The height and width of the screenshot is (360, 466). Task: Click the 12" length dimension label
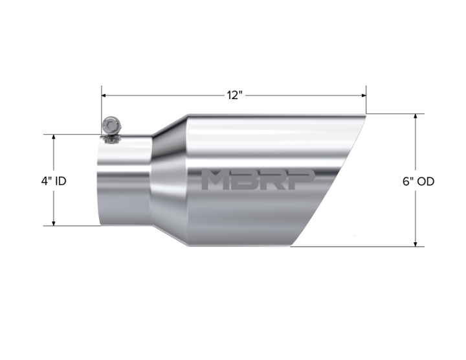tap(235, 95)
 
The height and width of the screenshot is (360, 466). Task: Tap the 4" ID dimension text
tap(54, 181)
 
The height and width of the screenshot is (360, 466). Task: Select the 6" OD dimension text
tap(419, 181)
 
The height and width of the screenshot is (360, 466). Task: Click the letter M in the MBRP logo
tap(214, 179)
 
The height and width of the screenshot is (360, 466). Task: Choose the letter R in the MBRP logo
tap(272, 179)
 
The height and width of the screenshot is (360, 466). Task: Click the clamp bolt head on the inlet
tap(111, 126)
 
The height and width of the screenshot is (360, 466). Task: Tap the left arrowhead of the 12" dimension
tap(104, 95)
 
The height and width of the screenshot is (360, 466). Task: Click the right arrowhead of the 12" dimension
tap(364, 95)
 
